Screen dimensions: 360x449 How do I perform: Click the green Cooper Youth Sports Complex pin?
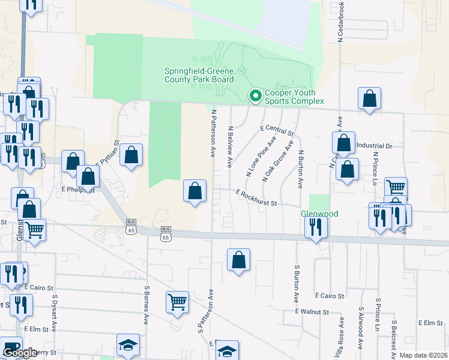255,95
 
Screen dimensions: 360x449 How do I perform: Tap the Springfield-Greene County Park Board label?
199,75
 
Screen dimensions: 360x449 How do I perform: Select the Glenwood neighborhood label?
319,214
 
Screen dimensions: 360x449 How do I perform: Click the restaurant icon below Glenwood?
315,227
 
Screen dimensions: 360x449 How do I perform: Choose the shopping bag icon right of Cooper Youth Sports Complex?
370,99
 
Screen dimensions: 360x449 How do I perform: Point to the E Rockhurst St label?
256,199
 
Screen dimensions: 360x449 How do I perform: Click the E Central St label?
277,130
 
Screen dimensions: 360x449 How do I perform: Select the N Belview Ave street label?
230,146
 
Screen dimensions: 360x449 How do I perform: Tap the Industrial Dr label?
374,146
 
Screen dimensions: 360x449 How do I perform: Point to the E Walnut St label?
312,312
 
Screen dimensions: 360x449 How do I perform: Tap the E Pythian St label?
108,154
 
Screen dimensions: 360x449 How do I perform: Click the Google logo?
20,353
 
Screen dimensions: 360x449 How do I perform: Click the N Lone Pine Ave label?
261,156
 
